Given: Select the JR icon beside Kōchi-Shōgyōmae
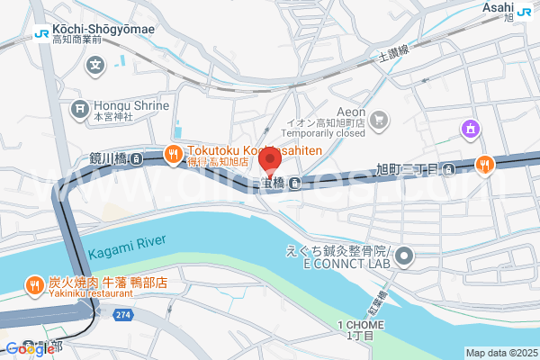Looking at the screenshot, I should tap(41, 33).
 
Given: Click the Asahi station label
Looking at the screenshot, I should tap(497, 7).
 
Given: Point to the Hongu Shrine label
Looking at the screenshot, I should tap(130, 105).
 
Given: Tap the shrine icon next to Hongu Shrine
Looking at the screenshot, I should tap(79, 110).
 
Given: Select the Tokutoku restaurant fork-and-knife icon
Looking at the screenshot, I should tap(174, 155).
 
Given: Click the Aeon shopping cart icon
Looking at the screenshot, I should tap(380, 119).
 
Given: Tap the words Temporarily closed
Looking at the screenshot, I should tap(341, 132).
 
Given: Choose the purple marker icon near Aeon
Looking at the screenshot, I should tap(469, 130).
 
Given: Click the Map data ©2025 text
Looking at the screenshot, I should tap(500, 352).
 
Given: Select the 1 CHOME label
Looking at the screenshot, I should tap(361, 325).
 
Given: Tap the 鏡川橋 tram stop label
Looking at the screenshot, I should tap(109, 158).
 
